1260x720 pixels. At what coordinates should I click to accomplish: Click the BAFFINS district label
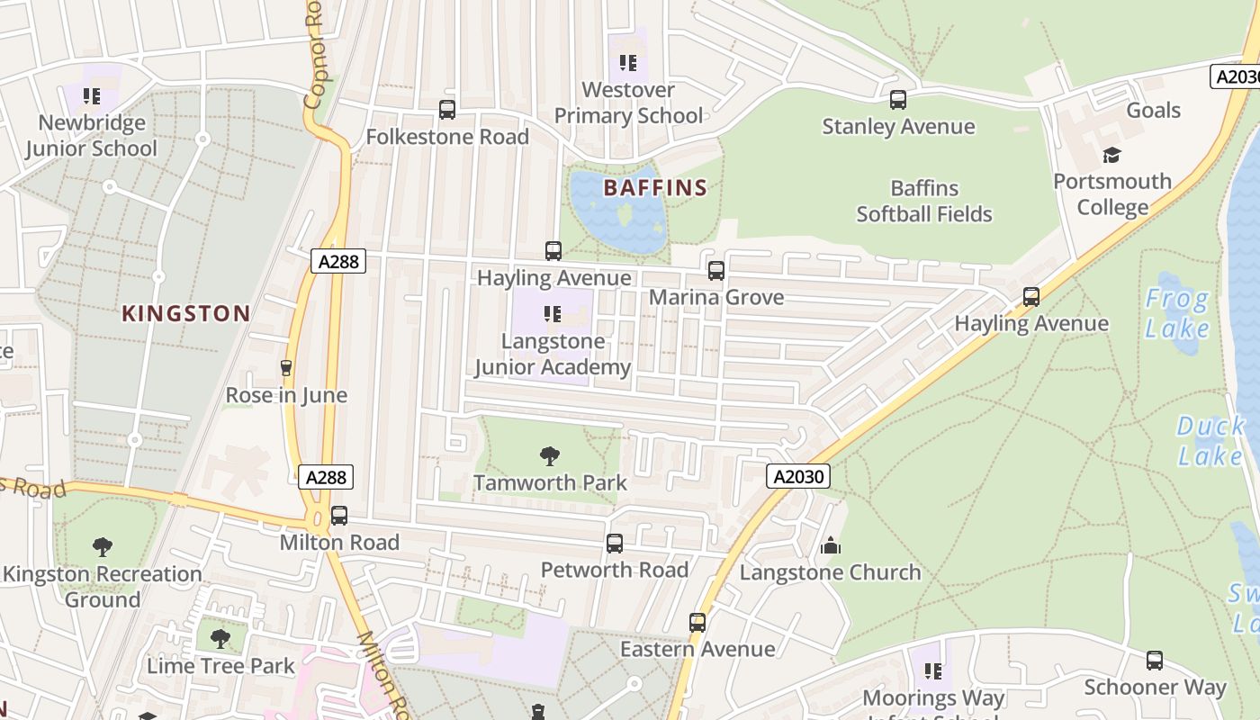pos(655,188)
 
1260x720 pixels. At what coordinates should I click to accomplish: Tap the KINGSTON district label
pos(186,314)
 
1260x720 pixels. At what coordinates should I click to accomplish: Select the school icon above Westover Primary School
pos(628,63)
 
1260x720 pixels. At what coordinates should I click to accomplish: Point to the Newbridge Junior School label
pos(91,136)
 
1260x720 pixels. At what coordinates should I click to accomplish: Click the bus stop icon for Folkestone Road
pos(447,110)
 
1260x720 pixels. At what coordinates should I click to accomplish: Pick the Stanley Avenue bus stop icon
pos(897,100)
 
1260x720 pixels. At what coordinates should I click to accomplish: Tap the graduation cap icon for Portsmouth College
pos(1112,155)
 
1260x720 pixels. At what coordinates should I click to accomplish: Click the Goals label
pos(1153,111)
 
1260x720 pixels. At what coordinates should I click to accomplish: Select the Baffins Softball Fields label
pos(924,202)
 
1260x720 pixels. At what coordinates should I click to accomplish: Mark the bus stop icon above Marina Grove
pos(716,270)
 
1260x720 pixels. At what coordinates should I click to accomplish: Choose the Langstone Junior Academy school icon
pos(553,314)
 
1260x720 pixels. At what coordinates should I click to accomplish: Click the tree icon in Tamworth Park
pos(550,455)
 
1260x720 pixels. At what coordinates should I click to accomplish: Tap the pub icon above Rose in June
pos(286,368)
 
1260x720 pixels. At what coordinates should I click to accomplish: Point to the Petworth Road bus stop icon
pos(615,544)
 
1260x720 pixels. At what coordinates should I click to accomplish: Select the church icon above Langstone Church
pos(830,545)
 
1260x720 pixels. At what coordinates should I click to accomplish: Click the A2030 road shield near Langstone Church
pos(798,476)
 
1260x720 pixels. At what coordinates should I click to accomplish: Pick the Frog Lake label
pos(1177,313)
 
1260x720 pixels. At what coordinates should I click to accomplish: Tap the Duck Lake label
pos(1210,441)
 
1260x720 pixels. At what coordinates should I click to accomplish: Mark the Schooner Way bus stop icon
pos(1155,661)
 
